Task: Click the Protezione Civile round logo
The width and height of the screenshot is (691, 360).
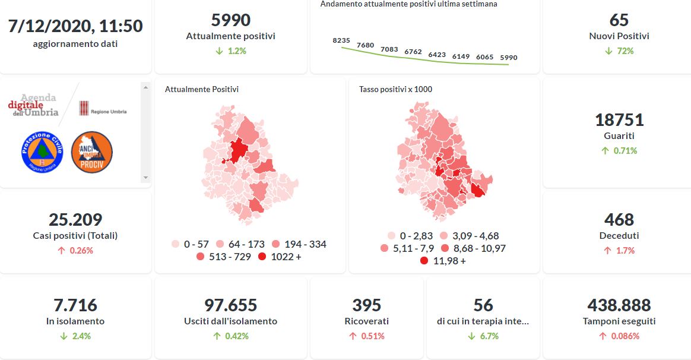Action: click(42, 152)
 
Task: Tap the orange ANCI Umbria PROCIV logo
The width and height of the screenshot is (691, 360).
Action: click(92, 152)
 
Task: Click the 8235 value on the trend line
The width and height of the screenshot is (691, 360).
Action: click(341, 40)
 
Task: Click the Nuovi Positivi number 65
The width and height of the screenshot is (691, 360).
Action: click(619, 20)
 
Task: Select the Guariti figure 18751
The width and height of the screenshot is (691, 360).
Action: click(619, 120)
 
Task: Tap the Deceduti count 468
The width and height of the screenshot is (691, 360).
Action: click(619, 220)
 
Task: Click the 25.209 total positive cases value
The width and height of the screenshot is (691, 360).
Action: click(75, 220)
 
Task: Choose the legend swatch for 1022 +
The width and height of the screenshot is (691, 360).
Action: click(262, 257)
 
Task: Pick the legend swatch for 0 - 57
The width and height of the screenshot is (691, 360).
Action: click(175, 244)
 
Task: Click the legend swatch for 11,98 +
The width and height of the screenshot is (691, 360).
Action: click(424, 261)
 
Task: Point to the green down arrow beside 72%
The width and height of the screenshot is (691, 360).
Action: click(608, 51)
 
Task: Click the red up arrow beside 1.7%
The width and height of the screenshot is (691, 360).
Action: click(607, 251)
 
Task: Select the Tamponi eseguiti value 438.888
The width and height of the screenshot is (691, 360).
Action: click(619, 305)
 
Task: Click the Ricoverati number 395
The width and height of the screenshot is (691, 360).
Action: click(366, 305)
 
